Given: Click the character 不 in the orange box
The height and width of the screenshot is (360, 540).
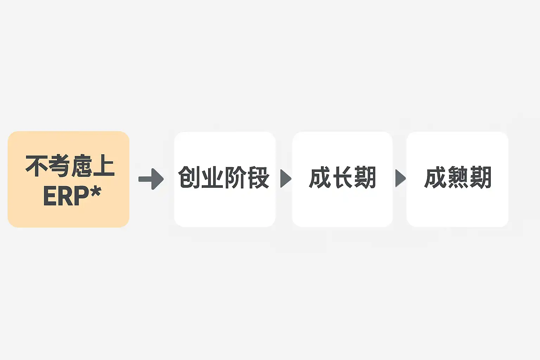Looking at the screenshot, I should click(x=37, y=166).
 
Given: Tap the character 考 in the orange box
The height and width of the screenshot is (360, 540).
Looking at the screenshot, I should click(x=59, y=166).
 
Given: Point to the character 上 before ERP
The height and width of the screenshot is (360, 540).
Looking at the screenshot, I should click(x=104, y=166).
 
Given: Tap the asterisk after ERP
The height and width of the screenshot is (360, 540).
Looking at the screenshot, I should click(x=95, y=192).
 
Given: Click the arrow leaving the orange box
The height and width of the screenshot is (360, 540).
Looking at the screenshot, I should click(x=151, y=179).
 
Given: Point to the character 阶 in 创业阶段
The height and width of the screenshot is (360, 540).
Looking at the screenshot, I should click(x=235, y=178).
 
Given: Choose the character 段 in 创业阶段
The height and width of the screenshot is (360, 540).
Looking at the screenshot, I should click(x=258, y=178).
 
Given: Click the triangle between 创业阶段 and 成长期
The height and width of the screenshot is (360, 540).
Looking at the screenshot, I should click(x=285, y=178).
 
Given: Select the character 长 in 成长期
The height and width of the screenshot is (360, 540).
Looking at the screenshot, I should click(x=343, y=178).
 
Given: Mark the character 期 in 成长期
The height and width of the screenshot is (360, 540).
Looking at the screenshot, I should click(x=365, y=178).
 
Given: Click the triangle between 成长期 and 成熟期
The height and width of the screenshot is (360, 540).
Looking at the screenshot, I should click(x=400, y=178).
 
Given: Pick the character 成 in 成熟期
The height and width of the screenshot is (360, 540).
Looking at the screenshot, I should click(x=435, y=178).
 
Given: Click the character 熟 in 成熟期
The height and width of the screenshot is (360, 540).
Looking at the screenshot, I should click(x=458, y=178).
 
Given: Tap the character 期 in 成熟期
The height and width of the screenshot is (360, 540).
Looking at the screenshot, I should click(x=481, y=178).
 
